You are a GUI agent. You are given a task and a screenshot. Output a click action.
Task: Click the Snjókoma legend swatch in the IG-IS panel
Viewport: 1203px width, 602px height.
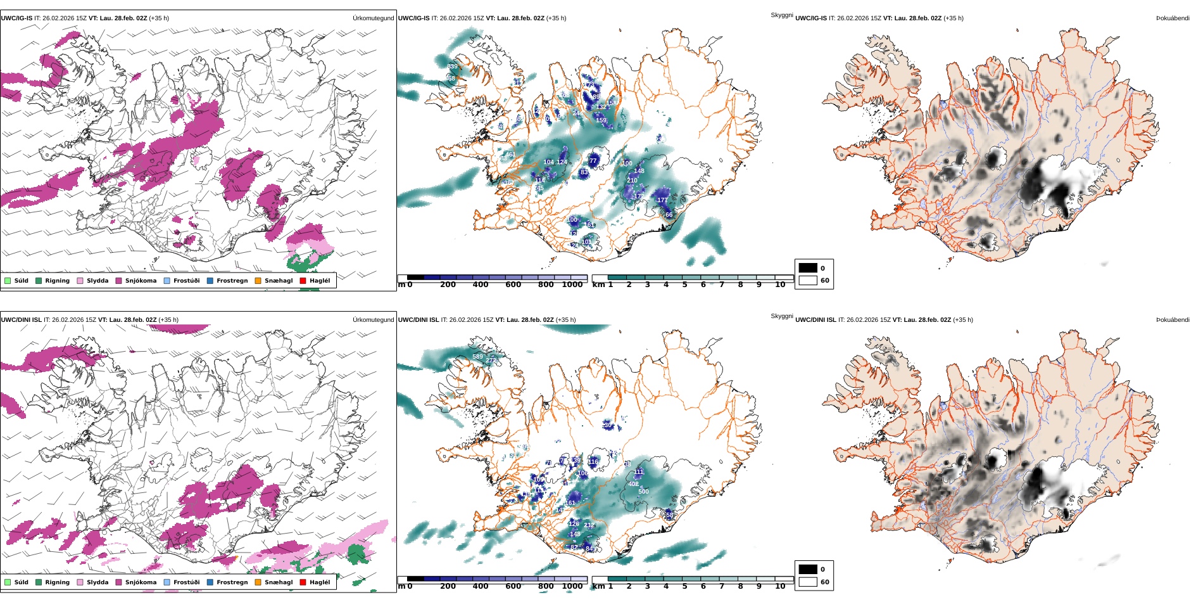coord(118,281)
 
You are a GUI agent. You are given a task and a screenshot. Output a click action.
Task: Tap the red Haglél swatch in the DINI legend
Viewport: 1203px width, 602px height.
coord(303,582)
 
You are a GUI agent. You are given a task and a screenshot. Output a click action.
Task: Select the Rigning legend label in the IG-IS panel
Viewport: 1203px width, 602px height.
coord(57,281)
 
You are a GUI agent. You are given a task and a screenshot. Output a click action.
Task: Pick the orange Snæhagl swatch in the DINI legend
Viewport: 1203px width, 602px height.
coord(258,582)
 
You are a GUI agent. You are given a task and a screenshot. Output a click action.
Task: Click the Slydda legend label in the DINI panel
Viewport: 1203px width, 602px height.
coord(98,582)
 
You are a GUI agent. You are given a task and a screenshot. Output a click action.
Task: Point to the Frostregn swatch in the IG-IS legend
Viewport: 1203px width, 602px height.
coord(210,281)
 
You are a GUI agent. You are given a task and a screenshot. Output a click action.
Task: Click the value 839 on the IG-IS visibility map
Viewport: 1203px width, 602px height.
coord(452,67)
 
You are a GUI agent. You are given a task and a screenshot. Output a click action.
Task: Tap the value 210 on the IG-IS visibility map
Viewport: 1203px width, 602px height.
coord(632,181)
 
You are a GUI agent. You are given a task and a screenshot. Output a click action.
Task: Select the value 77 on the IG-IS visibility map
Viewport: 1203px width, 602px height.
coord(593,161)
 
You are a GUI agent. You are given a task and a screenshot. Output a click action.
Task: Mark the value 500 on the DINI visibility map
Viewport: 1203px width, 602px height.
coord(643,492)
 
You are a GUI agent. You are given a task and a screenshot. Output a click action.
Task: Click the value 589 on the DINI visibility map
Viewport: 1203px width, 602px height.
coord(477,357)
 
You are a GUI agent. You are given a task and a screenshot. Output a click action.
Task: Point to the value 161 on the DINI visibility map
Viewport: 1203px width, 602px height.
coord(570,503)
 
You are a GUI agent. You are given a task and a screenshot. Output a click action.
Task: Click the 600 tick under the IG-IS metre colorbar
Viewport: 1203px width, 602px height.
coord(513,285)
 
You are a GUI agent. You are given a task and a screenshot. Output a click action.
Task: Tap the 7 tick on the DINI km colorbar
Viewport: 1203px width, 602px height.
coord(721,586)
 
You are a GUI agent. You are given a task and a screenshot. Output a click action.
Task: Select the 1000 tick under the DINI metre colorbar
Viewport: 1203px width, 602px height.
coord(572,586)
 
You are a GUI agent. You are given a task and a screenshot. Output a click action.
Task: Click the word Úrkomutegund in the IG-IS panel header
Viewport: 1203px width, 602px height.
coord(373,18)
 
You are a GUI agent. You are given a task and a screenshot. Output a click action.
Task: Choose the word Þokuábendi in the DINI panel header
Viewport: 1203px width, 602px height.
coord(1173,320)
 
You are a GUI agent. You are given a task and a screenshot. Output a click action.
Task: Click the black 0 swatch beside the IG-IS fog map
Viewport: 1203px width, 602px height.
coord(808,268)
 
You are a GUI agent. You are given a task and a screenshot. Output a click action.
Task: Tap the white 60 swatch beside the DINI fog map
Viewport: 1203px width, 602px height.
coord(808,582)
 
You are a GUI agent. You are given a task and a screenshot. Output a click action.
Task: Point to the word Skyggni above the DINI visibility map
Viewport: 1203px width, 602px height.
coord(781,316)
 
